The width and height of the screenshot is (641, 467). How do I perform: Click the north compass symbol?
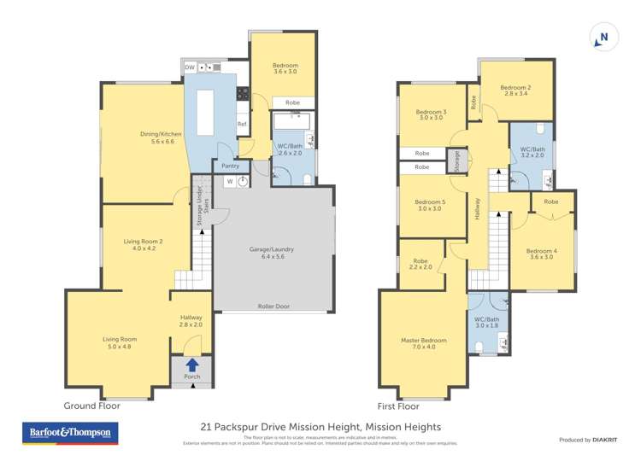pyautogui.click(x=602, y=38)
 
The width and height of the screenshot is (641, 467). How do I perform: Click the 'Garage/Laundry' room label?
pyautogui.click(x=271, y=249)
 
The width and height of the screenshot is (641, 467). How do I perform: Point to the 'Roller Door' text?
pyautogui.click(x=273, y=306)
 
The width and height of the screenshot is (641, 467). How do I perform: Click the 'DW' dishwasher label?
pyautogui.click(x=190, y=67)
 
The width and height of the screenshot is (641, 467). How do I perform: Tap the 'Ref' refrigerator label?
pyautogui.click(x=242, y=125)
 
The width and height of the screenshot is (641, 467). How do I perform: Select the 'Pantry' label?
pyautogui.click(x=229, y=166)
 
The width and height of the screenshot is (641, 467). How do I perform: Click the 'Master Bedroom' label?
pyautogui.click(x=423, y=341)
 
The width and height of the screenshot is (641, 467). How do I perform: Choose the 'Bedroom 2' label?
pyautogui.click(x=515, y=88)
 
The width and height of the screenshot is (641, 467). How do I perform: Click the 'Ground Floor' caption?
pyautogui.click(x=92, y=406)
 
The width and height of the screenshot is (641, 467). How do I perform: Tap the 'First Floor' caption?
pyautogui.click(x=398, y=406)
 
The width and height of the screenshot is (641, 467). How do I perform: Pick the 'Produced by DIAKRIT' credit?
pyautogui.click(x=588, y=440)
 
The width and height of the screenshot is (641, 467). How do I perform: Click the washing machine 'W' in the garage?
pyautogui.click(x=230, y=181)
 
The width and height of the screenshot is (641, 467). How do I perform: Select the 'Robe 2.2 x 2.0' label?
pyautogui.click(x=420, y=265)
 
